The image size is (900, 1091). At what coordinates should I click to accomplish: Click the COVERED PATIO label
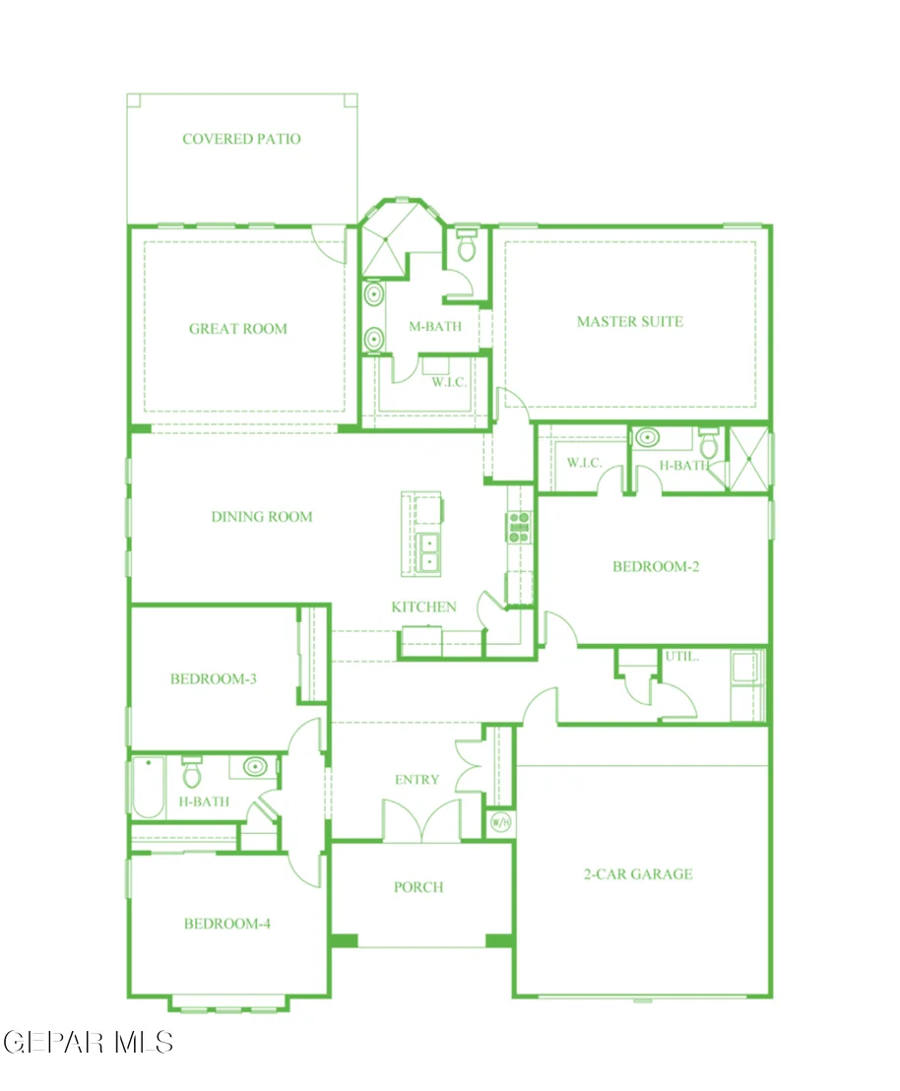tap(241, 139)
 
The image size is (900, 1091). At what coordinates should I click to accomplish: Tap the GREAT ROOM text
tap(238, 329)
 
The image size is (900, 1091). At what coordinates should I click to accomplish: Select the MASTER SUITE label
tap(630, 321)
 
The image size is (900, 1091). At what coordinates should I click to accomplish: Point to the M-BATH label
tap(435, 326)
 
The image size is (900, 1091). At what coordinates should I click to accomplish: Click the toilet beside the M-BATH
tap(467, 244)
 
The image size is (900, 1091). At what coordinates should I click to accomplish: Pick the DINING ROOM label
tap(262, 516)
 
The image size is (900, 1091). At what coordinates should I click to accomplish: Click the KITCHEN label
tap(423, 607)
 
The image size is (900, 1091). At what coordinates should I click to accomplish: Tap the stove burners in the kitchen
tap(519, 527)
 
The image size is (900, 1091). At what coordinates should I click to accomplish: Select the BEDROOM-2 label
tap(656, 566)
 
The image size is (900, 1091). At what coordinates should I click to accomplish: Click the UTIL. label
tap(681, 656)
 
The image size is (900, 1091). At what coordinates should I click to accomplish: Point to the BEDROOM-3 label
tap(213, 678)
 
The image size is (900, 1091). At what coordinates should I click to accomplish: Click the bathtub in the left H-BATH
tap(149, 787)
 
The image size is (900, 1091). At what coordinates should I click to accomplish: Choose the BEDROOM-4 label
tap(226, 924)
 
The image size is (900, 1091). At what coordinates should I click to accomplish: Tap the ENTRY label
tap(417, 779)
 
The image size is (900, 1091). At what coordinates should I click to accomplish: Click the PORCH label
tap(418, 887)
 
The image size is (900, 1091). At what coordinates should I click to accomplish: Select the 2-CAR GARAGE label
tap(638, 874)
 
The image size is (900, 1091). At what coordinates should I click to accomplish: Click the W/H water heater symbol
tap(501, 823)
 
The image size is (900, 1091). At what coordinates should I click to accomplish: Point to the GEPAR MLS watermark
tap(89, 1043)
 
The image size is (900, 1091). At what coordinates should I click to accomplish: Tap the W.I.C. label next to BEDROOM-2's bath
tap(584, 462)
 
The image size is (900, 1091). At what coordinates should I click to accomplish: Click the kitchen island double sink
tap(428, 552)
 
